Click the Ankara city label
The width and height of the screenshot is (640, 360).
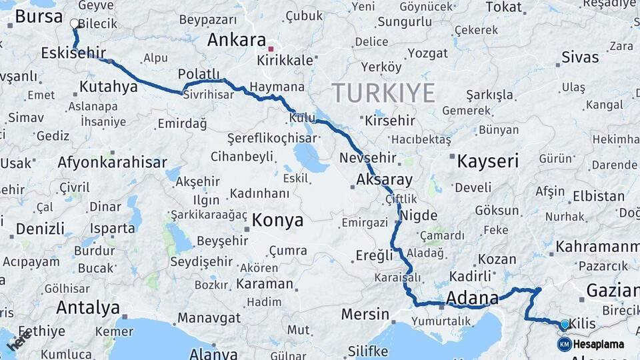tap(237, 40)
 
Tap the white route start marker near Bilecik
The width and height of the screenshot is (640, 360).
tap(75, 23)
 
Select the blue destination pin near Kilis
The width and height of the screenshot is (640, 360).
tap(565, 325)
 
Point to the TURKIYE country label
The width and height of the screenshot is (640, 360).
tap(383, 93)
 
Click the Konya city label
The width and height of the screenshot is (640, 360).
tap(277, 220)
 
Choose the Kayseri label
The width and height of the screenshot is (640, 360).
tap(488, 160)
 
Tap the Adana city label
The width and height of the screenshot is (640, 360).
tap(472, 297)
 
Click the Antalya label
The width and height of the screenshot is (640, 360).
tap(88, 307)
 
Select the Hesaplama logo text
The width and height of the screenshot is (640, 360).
tap(599, 345)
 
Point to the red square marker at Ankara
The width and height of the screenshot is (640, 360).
tap(270, 49)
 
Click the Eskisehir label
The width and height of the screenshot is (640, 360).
tap(73, 53)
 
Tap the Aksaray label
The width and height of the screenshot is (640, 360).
tap(384, 180)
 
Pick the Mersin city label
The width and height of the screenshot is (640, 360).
tap(365, 313)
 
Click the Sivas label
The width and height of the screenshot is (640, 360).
tap(580, 57)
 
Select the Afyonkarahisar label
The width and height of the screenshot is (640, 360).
tap(112, 162)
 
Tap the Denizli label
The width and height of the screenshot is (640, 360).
tap(40, 229)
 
